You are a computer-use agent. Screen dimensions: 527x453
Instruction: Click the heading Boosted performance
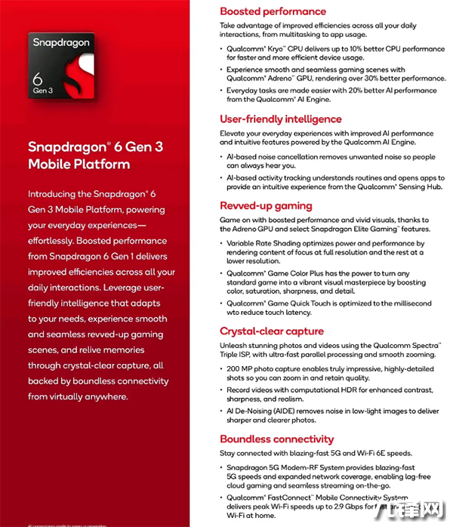273,11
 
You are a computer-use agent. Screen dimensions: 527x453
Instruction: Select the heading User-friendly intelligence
280,119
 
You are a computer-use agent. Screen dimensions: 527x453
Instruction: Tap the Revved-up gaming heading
266,205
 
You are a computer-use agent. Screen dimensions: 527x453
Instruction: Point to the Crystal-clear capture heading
271,331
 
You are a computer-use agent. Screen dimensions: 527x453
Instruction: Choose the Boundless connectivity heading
276,439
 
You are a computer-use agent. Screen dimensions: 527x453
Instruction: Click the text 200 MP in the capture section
241,369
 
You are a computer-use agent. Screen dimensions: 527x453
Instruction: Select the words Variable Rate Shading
262,244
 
